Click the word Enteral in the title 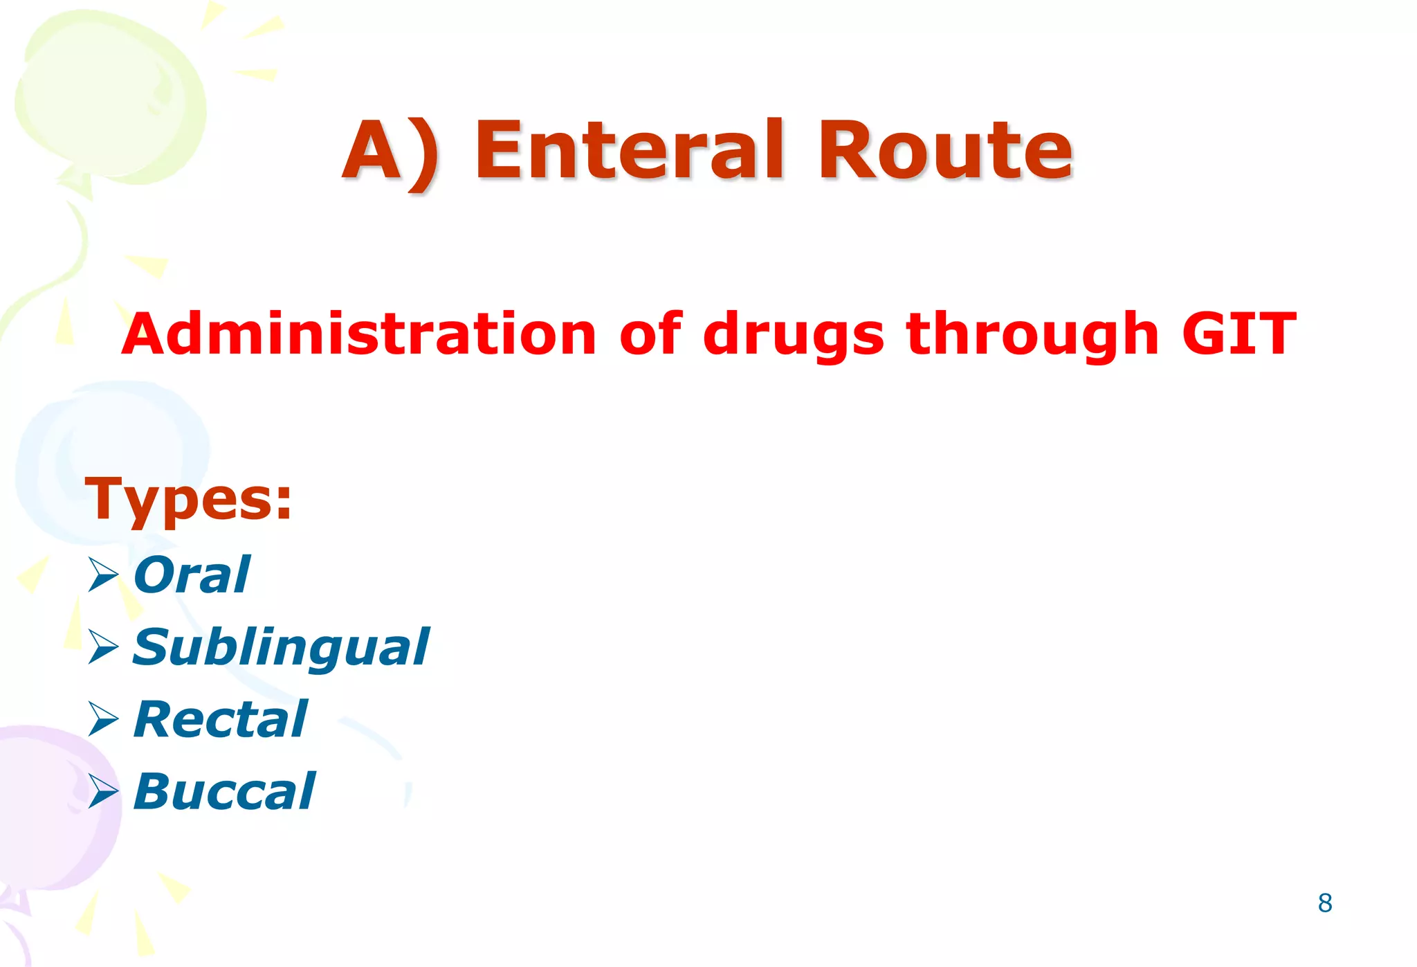630,150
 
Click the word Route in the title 944,150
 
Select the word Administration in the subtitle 359,334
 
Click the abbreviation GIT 1238,334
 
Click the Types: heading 188,500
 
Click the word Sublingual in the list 280,648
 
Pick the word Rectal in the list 220,719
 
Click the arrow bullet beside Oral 103,575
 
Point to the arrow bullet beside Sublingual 103,647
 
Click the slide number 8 1325,903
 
